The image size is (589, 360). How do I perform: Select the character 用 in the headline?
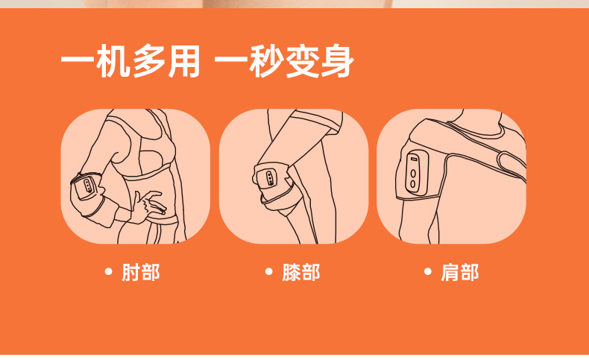coord(184,61)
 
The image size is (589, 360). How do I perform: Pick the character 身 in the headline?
coord(337,61)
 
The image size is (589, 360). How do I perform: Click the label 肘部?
coord(140,272)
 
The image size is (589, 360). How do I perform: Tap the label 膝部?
coord(301,272)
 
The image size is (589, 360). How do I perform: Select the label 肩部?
coord(460,272)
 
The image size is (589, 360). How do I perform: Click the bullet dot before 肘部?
coord(109,271)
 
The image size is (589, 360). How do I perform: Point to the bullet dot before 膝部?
coord(268,271)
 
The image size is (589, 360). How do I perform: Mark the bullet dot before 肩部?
coord(427,271)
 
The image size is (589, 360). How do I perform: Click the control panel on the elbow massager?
coord(88,185)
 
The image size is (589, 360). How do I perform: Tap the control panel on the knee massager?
coord(271,178)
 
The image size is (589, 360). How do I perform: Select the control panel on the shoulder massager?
coord(417,172)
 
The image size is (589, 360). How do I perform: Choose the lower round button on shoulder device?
coord(413,184)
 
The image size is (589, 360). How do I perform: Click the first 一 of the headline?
coord(78,60)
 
